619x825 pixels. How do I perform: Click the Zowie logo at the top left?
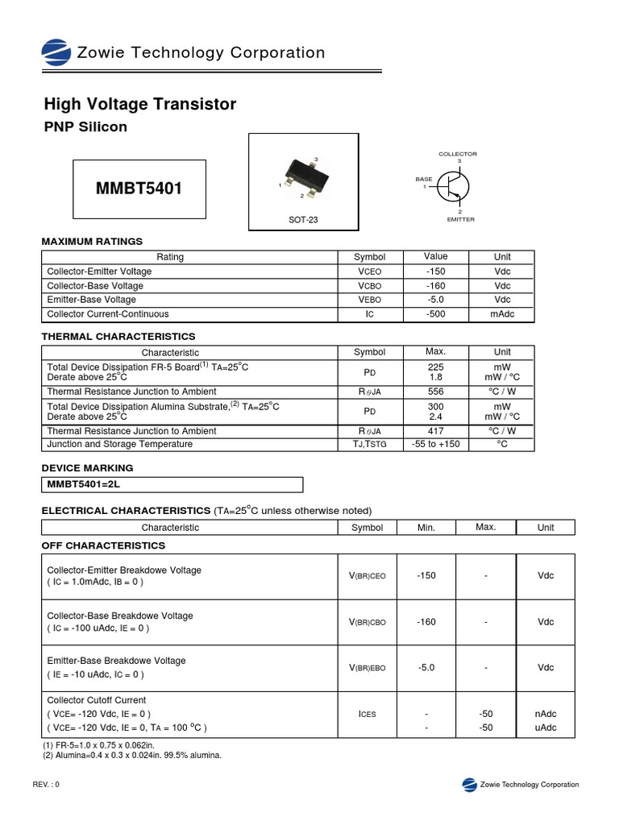(56, 53)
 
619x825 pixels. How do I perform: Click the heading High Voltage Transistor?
(139, 104)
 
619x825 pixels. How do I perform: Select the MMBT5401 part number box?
(139, 189)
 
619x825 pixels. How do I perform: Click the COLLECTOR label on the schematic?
(457, 153)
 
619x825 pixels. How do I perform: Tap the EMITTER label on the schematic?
(460, 219)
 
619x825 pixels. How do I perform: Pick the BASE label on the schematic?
(424, 179)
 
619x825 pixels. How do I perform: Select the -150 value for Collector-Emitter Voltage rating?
(435, 272)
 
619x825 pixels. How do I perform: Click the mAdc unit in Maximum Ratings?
(502, 314)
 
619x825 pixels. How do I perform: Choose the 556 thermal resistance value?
(435, 391)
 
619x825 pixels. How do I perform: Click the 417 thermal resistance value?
(435, 431)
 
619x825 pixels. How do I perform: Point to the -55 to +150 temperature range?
(435, 444)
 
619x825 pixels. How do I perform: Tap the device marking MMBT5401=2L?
(83, 484)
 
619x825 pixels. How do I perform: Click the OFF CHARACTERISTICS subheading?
(103, 545)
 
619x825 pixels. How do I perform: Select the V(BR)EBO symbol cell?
(367, 667)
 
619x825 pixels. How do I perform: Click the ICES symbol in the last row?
(367, 714)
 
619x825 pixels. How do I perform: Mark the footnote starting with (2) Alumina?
(131, 755)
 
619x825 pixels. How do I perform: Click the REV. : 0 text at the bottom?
(46, 785)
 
